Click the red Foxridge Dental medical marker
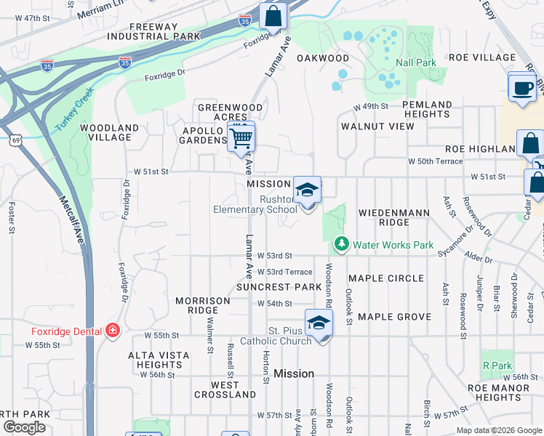click(112, 331)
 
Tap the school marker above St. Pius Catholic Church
click(318, 323)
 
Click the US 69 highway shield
click(15, 138)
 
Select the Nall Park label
click(415, 63)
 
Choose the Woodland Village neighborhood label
click(109, 132)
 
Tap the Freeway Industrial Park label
click(142, 31)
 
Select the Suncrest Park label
click(279, 287)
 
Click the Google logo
click(24, 427)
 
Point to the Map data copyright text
click(498, 430)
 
